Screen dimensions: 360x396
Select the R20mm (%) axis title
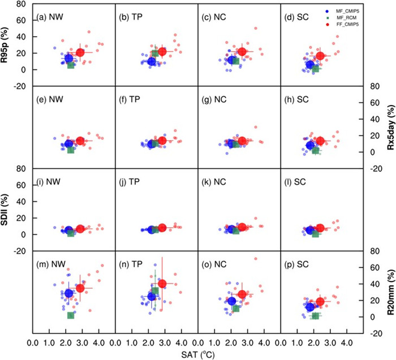click(x=389, y=292)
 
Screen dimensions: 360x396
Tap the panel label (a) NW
click(x=49, y=17)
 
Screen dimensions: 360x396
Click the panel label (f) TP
click(x=132, y=99)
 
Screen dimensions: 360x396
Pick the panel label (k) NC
click(x=215, y=182)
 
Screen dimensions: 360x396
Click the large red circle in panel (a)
click(x=80, y=53)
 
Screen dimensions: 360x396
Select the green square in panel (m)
click(x=71, y=315)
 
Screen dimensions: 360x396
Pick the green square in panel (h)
click(x=316, y=150)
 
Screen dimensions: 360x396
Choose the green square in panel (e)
click(x=71, y=150)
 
